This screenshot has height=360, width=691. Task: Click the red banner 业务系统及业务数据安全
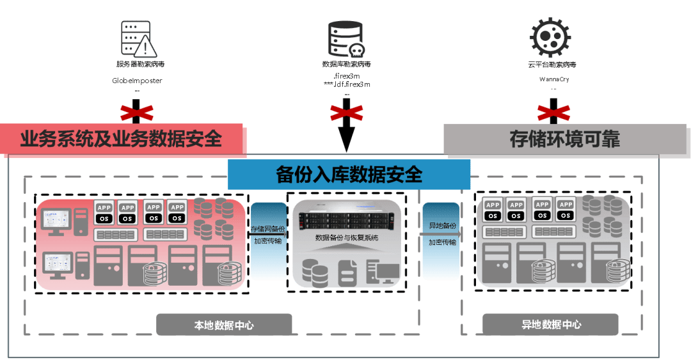coord(122,139)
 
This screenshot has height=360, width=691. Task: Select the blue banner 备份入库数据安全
coord(349,175)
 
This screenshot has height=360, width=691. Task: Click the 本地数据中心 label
coord(224,325)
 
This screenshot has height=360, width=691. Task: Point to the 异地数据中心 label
coord(551,325)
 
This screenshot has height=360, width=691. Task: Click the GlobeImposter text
coord(137,81)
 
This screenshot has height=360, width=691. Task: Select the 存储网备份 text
coord(268,229)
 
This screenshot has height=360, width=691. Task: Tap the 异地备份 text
coord(442,227)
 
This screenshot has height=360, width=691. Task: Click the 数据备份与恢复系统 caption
coord(347,238)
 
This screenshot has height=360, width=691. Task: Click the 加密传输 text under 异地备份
coord(442,242)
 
